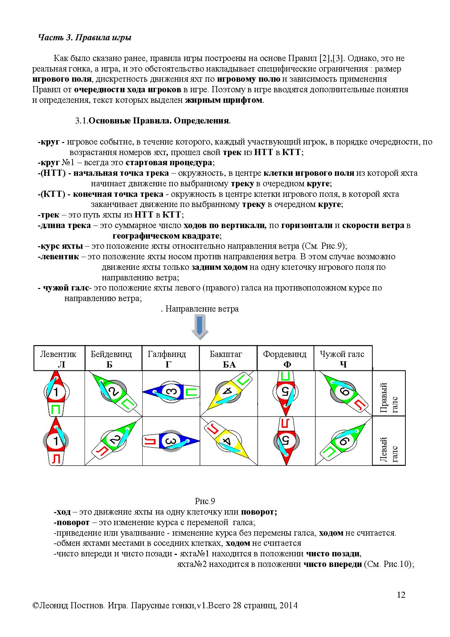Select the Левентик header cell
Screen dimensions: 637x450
tap(59, 358)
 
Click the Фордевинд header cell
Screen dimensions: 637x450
tap(285, 358)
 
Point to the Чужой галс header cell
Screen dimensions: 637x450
tap(343, 358)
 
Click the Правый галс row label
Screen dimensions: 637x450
tap(389, 393)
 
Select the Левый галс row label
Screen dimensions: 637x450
tap(389, 441)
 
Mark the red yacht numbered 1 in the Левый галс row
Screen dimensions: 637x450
tap(56, 441)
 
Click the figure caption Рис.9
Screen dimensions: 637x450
tap(205, 502)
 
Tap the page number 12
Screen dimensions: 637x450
tap(401, 595)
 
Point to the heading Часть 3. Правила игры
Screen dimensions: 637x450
tap(85, 38)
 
